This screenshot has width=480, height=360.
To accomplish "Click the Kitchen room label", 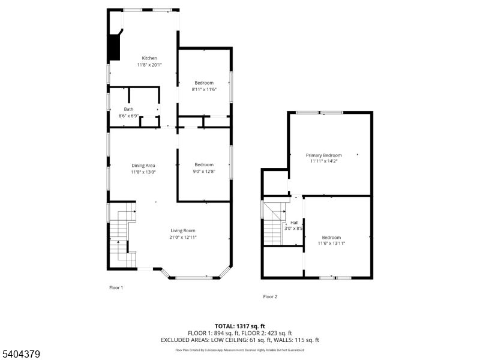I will [149, 58].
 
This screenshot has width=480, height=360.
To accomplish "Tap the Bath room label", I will [128, 109].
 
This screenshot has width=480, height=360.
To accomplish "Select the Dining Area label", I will [143, 166].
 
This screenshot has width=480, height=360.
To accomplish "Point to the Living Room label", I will [183, 230].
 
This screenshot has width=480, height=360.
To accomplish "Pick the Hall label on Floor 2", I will [295, 222].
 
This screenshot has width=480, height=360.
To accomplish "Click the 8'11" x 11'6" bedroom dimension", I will [204, 89].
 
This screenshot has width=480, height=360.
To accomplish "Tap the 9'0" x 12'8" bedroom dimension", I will [204, 172].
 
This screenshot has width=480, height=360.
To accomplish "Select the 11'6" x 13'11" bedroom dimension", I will [331, 243].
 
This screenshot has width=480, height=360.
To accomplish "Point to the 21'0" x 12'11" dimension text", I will [183, 237].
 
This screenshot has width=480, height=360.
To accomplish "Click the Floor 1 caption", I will [116, 288].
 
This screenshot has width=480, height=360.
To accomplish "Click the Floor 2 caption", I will [270, 296].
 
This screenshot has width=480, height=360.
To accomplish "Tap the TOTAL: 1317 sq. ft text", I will [240, 326].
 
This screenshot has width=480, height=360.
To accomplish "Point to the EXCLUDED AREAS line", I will [240, 340].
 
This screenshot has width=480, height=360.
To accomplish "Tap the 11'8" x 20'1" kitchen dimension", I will [149, 65].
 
